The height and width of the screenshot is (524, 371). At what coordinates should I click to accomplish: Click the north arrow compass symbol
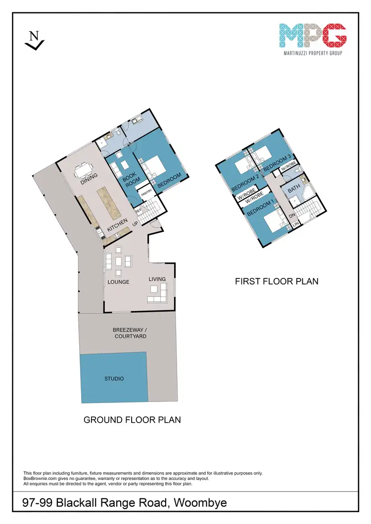(x=34, y=40)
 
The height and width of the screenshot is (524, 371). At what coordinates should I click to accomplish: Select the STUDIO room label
(x=114, y=379)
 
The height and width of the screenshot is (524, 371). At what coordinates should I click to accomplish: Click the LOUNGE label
(x=118, y=282)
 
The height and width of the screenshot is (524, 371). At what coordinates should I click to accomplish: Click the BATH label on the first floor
(x=293, y=188)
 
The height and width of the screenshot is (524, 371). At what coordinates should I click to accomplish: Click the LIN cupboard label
(x=296, y=225)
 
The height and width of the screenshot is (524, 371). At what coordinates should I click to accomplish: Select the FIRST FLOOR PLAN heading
(x=276, y=281)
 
